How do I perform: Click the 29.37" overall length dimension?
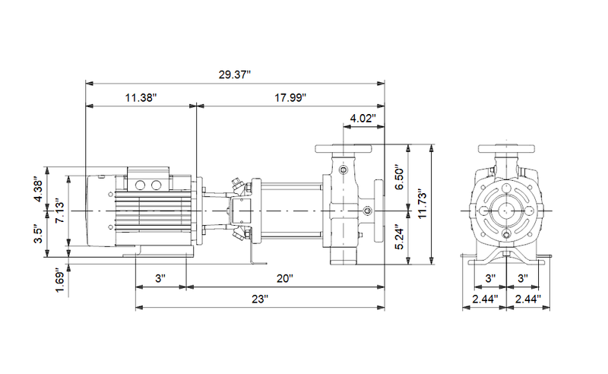tap(235, 74)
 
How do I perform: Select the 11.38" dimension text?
tap(141, 98)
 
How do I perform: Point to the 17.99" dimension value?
tap(290, 98)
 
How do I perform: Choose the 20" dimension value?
tap(284, 279)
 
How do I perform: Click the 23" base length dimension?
tap(259, 300)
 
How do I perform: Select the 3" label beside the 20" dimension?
tap(160, 279)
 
